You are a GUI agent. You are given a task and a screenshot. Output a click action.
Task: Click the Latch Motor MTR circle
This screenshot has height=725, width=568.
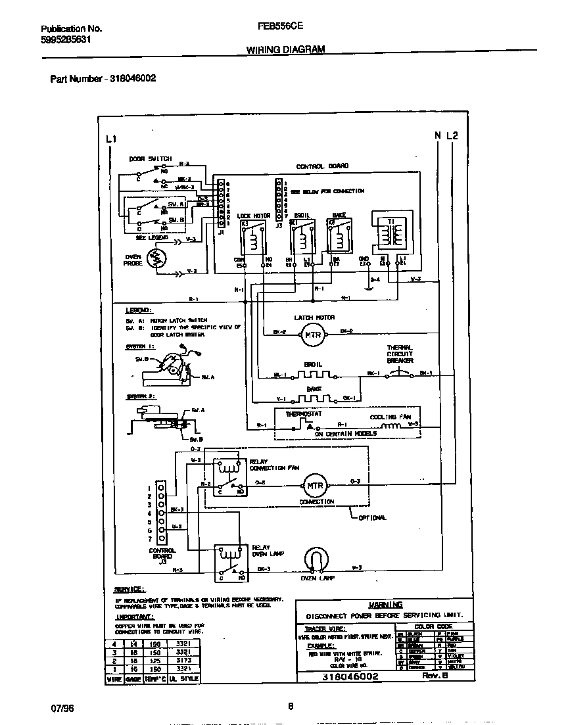point(310,336)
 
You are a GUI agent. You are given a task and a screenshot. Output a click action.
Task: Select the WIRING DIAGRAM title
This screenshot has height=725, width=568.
point(285,49)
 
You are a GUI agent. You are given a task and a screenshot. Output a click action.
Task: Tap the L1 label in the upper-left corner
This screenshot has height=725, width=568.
point(110,138)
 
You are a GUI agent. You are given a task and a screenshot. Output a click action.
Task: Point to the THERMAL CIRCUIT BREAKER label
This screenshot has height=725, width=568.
point(400,354)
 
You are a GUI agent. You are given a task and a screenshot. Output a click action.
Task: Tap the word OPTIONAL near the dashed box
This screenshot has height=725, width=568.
point(373,517)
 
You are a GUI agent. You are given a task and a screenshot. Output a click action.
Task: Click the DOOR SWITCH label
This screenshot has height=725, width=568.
point(151,159)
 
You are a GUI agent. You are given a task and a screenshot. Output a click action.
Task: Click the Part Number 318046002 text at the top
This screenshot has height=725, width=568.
point(103,78)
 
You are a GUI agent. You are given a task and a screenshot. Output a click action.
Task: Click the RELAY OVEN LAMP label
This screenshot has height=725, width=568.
point(268,550)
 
